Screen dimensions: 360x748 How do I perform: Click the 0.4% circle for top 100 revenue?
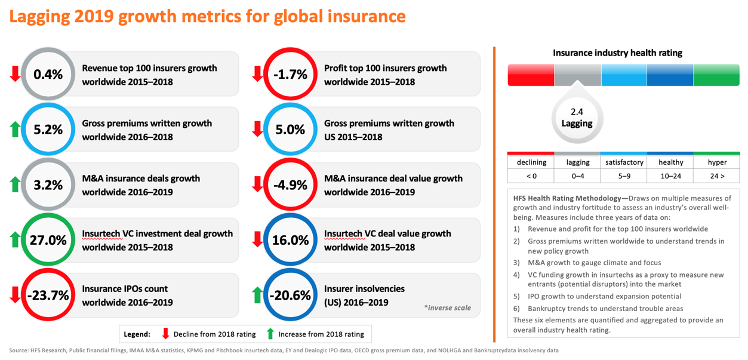[x=48, y=75]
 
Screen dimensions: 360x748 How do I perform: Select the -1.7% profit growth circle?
[x=290, y=75]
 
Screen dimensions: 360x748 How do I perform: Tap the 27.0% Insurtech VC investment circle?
[x=48, y=241]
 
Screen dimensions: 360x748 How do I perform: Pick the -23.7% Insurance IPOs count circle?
[x=48, y=296]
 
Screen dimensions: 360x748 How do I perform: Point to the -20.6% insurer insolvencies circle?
[x=290, y=296]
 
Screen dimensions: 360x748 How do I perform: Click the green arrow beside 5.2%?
[x=16, y=130]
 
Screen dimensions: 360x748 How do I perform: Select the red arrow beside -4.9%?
[x=257, y=184]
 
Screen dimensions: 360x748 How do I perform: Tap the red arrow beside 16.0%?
[x=257, y=240]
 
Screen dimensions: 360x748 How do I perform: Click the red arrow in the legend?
[x=166, y=334]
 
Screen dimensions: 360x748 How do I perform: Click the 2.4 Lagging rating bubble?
[x=577, y=118]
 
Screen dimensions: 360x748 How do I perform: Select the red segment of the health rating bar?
[x=531, y=75]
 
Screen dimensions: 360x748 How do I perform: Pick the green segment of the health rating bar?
[x=716, y=75]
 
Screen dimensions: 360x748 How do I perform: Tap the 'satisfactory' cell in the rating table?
[x=624, y=162]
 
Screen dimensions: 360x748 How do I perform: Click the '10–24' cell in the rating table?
[x=670, y=176]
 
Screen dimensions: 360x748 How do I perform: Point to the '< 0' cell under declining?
[x=531, y=176]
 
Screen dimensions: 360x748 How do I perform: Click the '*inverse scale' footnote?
[x=447, y=308]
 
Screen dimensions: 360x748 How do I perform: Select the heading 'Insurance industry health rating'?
[x=617, y=53]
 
